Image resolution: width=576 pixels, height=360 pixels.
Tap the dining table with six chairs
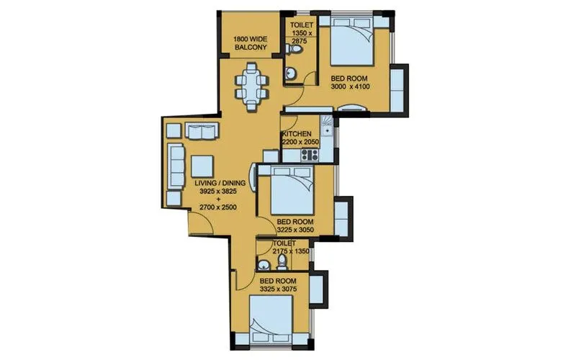point(250,86)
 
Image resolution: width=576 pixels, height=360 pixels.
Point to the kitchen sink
point(328,130)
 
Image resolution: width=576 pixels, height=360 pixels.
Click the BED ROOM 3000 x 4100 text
point(350,81)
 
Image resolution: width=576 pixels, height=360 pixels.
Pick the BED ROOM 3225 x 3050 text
point(295,226)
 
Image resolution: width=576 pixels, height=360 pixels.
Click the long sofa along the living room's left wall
point(175,166)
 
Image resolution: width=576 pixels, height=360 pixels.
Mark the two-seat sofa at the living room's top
point(199,131)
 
